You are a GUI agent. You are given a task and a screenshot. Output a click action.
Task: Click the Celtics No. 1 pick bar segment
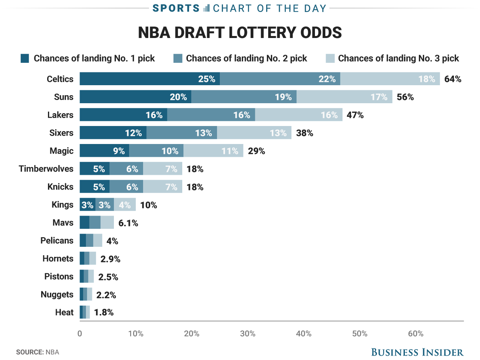149,79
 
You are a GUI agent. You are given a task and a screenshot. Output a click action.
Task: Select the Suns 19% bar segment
244,97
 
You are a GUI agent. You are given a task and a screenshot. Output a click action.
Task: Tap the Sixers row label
62,133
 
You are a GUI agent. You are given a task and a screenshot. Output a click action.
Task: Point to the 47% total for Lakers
355,115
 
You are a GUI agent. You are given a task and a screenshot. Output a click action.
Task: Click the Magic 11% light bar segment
213,151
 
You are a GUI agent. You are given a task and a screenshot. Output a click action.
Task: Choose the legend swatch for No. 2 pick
178,58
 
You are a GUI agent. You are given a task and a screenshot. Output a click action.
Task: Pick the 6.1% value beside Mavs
128,223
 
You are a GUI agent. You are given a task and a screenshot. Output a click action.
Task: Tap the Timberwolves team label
46,169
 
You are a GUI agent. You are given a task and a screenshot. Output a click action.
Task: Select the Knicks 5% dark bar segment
94,187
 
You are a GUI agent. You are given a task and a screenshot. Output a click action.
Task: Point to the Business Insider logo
417,352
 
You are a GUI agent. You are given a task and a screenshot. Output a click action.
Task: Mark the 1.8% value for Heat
104,312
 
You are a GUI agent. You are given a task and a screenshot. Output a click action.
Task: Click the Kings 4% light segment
125,205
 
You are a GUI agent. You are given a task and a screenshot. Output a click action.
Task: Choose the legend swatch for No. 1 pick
25,58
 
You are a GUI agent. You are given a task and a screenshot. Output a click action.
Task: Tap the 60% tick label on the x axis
416,334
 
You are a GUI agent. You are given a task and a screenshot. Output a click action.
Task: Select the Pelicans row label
57,241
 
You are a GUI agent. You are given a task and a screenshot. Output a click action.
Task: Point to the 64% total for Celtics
453,79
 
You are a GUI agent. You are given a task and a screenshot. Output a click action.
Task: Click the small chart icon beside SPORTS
206,8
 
